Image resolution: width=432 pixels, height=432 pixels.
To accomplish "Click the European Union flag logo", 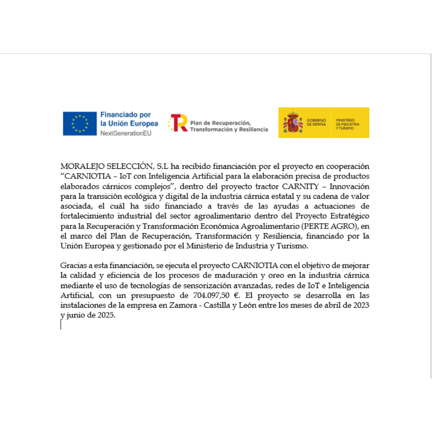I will (x=80, y=123).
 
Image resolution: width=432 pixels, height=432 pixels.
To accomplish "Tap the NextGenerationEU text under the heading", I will (x=126, y=133).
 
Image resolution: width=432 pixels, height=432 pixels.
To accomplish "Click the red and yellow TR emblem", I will (x=178, y=123).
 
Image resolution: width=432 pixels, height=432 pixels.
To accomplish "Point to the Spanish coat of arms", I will (x=293, y=122).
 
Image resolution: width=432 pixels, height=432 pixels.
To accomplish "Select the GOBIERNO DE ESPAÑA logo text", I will (x=316, y=122).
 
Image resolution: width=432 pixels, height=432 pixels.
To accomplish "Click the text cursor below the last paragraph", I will (x=61, y=324).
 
